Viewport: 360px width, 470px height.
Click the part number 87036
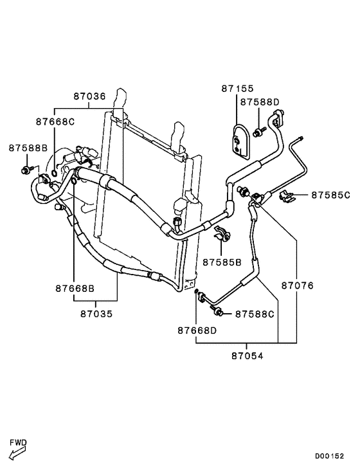(89, 96)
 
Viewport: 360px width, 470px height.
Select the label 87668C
(55, 122)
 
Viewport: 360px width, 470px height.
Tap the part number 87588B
(28, 148)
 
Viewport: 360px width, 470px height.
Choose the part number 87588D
(260, 102)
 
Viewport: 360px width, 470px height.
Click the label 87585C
(330, 194)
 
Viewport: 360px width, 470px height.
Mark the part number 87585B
(222, 262)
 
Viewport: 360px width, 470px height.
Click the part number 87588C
(255, 314)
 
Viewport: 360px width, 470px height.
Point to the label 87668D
(197, 330)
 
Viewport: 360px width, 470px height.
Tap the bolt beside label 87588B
(26, 170)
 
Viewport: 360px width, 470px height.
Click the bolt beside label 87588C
(219, 312)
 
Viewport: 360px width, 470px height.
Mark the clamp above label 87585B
(222, 235)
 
